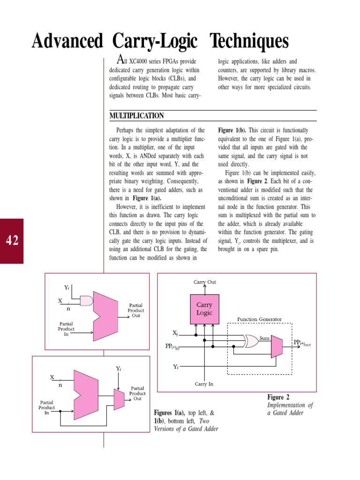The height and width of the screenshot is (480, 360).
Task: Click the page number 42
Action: tap(12, 240)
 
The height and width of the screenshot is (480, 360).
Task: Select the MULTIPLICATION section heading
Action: tap(136, 116)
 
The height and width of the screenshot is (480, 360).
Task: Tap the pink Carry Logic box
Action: tap(204, 309)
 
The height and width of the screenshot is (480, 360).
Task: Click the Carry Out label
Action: tap(205, 282)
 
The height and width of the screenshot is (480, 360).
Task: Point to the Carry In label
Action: tap(204, 384)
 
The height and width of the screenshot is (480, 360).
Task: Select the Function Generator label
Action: tap(259, 319)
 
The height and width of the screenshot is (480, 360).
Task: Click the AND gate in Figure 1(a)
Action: tap(87, 300)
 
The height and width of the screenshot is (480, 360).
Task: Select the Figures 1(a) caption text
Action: tap(186, 420)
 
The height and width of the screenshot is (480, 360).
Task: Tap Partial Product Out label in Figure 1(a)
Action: tap(136, 310)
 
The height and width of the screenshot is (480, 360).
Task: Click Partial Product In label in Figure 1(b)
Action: tap(46, 407)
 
